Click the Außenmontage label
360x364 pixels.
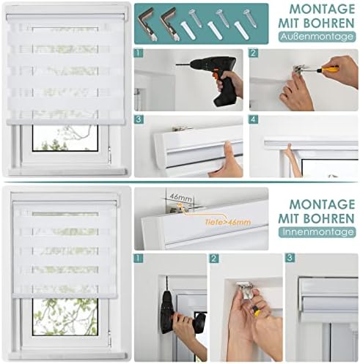tap(317, 37)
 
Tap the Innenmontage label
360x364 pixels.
tap(317, 232)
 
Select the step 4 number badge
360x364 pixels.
tap(253, 119)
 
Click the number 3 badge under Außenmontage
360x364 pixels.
tap(139, 119)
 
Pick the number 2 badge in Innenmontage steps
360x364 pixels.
tap(214, 259)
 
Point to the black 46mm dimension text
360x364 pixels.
tap(180, 197)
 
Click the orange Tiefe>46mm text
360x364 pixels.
tap(228, 222)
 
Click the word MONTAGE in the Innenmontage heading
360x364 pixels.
tap(322, 204)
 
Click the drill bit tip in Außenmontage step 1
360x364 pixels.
tap(177, 64)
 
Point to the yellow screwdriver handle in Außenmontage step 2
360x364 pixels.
tap(328, 70)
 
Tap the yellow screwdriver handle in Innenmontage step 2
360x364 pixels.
tap(256, 313)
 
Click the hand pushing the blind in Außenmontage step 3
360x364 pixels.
tap(226, 163)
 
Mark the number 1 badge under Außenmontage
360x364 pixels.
tap(139, 53)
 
